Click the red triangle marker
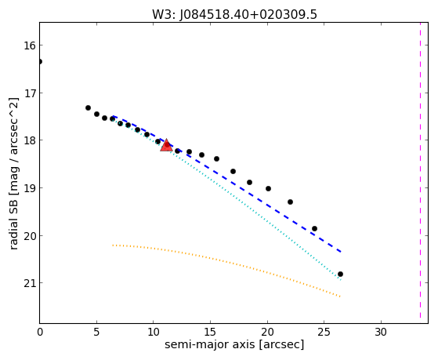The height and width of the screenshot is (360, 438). coord(166,145)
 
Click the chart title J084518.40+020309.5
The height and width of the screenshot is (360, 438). coord(248,15)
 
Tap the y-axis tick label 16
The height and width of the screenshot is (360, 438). coord(30,45)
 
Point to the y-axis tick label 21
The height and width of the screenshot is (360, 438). coord(30,283)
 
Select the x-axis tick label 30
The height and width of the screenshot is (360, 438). coord(381,332)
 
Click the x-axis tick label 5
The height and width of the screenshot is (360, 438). coord(96,332)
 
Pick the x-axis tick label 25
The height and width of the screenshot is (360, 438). coord(324,332)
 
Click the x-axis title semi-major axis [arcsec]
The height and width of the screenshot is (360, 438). coord(234,344)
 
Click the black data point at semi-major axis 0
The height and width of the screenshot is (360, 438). coord(40,61)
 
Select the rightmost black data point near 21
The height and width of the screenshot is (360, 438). coord(340,275)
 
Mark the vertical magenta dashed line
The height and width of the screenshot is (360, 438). coord(420,170)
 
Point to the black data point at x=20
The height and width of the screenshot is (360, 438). coord(268,188)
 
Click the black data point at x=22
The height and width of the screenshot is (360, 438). coord(290,202)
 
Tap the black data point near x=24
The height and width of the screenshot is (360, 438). coord(314,228)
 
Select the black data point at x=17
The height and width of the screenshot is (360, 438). coord(233,171)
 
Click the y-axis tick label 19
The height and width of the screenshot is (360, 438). coord(30,188)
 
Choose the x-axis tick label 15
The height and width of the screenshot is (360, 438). coord(210,332)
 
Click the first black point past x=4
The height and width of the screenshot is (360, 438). coord(88,107)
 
